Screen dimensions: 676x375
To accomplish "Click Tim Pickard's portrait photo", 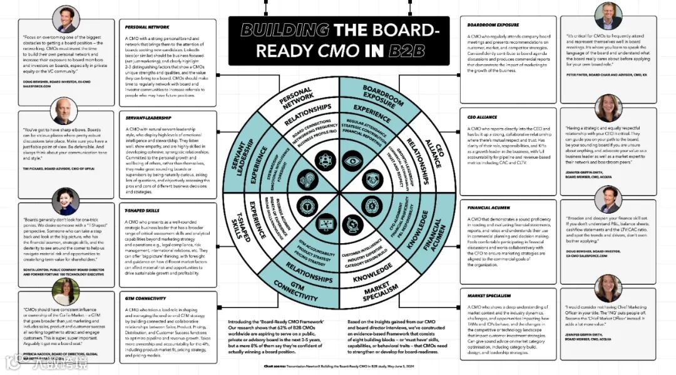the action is (x=64, y=111).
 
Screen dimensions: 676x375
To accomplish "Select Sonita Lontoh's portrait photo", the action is (x=65, y=201).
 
